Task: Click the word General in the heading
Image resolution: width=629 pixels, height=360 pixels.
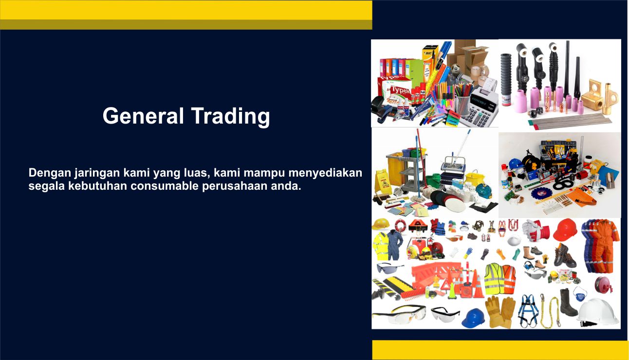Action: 143,116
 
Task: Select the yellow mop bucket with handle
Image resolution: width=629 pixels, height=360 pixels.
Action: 475,178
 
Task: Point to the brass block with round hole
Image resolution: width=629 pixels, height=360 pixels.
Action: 592,94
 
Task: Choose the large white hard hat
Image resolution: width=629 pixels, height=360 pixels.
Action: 598,311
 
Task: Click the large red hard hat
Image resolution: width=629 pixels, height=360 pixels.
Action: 565,230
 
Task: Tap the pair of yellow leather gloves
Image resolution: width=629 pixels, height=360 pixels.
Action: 500,311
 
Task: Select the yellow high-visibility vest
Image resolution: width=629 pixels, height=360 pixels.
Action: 494,279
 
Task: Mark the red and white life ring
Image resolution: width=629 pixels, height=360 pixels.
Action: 400,225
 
